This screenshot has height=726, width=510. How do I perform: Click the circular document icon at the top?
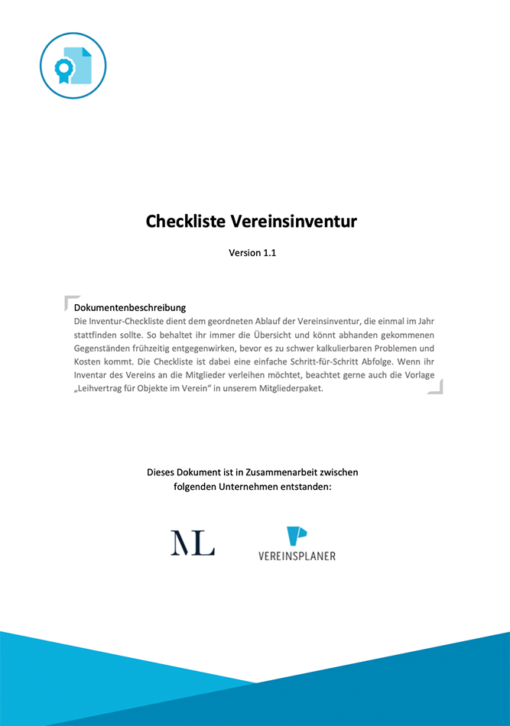(x=73, y=66)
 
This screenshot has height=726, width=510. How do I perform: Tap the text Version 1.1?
(x=252, y=252)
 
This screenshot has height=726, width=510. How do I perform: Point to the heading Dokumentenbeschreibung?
(x=130, y=307)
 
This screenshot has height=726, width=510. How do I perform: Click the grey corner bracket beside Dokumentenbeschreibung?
(x=70, y=302)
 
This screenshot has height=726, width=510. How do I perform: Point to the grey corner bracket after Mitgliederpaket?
(x=436, y=387)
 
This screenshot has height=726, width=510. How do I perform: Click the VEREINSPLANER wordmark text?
(x=297, y=556)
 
